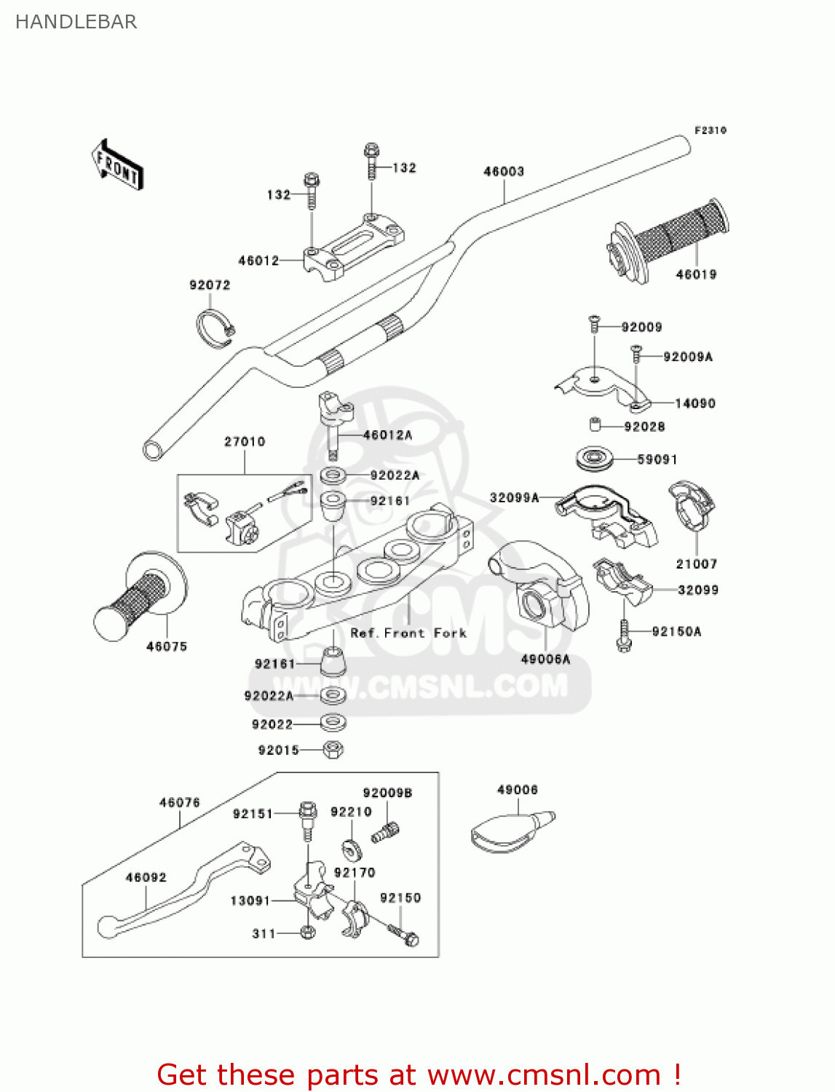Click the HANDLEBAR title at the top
point(76,22)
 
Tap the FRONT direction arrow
point(116,165)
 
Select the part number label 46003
point(504,171)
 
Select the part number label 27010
point(245,441)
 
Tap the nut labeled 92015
point(333,749)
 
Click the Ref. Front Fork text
point(408,633)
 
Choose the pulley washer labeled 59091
point(595,459)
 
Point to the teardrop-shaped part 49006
point(510,830)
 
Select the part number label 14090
point(694,403)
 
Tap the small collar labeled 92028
point(595,424)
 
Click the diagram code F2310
point(710,130)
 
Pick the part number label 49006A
point(545,659)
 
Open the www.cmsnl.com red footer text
point(419,1075)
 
